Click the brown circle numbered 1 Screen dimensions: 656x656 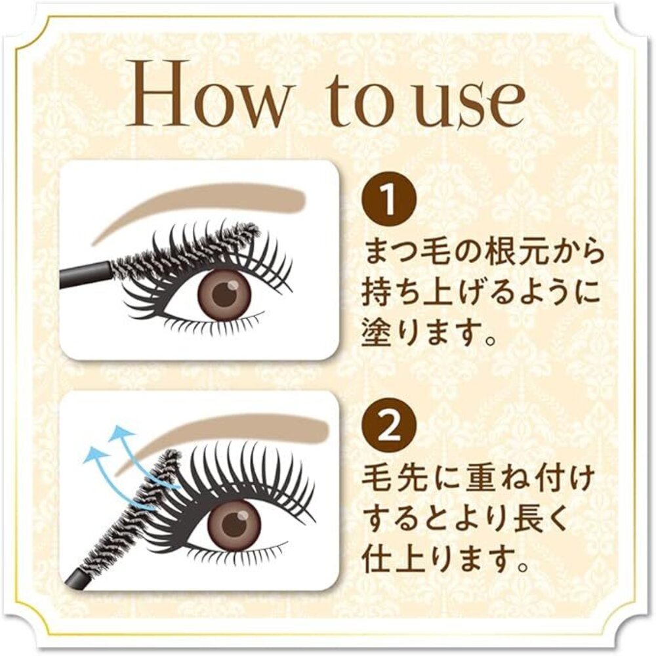click(x=390, y=200)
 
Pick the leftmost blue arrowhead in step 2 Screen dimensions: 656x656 click(x=93, y=455)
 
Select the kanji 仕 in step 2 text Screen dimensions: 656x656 click(x=377, y=560)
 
